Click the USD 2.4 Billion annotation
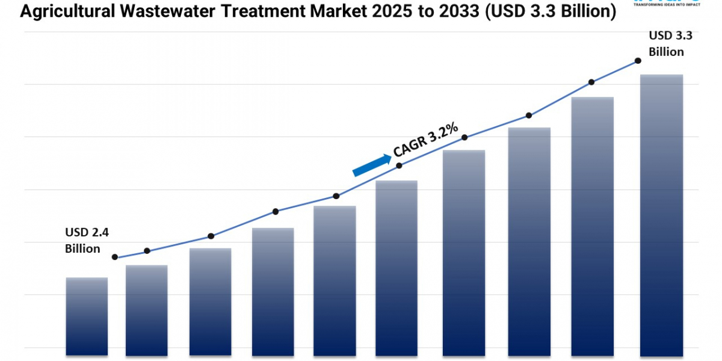click(x=83, y=240)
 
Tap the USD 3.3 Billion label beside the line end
click(x=670, y=43)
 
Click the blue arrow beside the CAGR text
click(x=371, y=165)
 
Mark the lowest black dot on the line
click(x=115, y=257)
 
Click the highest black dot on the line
click(x=638, y=61)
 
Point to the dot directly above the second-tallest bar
click(x=591, y=82)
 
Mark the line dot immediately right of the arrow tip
click(x=399, y=165)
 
